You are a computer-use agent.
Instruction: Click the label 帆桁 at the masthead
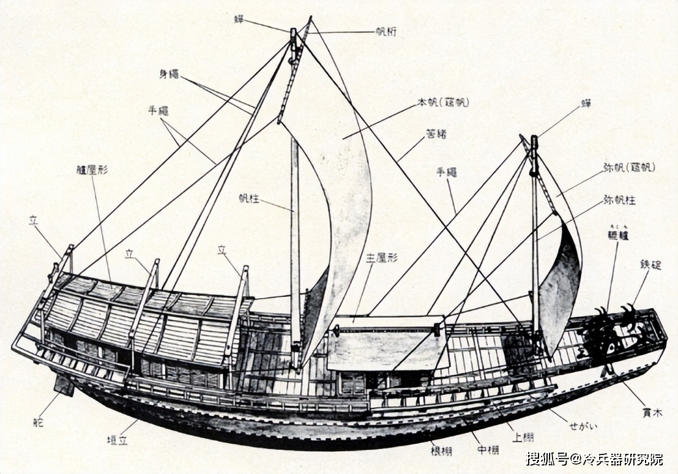pyautogui.click(x=386, y=32)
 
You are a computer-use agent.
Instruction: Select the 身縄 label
pyautogui.click(x=169, y=74)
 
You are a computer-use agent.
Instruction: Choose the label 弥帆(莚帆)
pyautogui.click(x=628, y=167)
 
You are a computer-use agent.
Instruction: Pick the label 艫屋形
pyautogui.click(x=92, y=170)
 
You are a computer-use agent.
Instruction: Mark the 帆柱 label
pyautogui.click(x=250, y=198)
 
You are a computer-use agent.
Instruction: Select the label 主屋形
pyautogui.click(x=382, y=257)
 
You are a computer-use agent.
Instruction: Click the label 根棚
pyautogui.click(x=441, y=451)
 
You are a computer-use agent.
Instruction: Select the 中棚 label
pyautogui.click(x=488, y=450)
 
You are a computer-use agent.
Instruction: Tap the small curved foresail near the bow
pyautogui.click(x=561, y=288)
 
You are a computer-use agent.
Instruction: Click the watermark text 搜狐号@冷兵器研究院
pyautogui.click(x=594, y=458)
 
